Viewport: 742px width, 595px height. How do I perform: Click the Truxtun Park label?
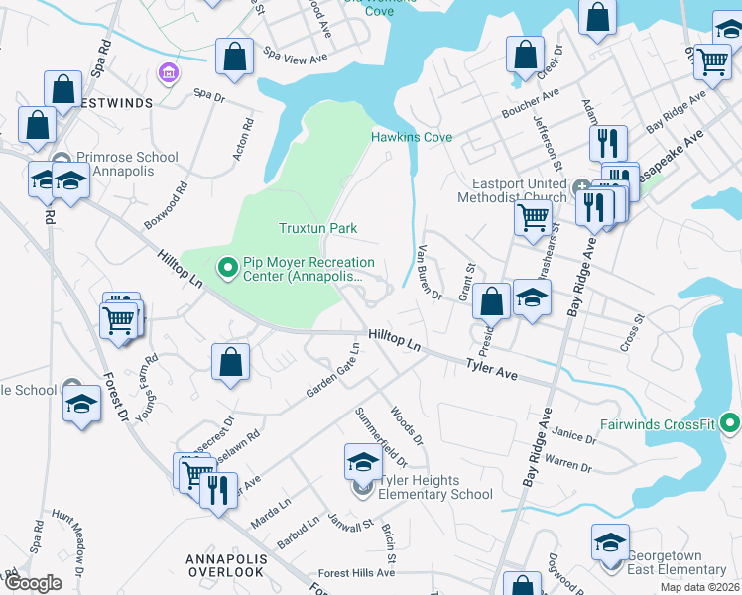click(316, 228)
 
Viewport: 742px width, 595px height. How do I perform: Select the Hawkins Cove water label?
click(412, 137)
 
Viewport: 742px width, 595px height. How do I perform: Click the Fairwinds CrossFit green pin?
click(730, 424)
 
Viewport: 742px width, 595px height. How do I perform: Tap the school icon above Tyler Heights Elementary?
click(363, 463)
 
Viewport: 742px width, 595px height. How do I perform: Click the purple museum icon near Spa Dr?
click(168, 73)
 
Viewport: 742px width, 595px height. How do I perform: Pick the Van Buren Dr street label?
click(430, 271)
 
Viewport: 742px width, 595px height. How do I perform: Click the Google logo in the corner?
click(33, 583)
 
